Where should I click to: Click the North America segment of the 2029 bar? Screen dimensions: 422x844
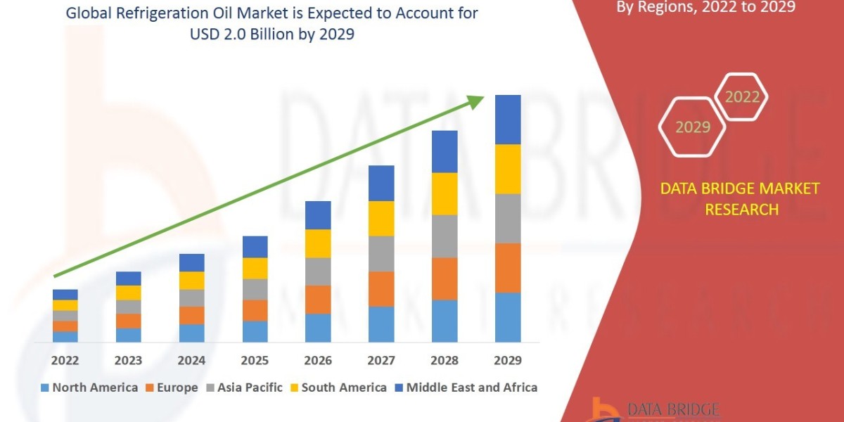(x=508, y=317)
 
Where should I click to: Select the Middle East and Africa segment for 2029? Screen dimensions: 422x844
(x=508, y=120)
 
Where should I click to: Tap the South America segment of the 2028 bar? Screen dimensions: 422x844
(x=445, y=193)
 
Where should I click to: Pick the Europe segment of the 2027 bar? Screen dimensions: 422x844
(x=381, y=288)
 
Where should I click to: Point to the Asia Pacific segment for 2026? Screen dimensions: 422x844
(x=318, y=271)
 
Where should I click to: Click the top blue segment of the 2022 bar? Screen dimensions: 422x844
(x=65, y=294)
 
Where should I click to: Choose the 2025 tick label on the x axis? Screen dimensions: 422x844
(x=255, y=360)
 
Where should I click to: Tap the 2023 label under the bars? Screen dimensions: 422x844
(x=128, y=360)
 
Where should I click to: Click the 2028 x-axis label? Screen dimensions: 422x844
(x=445, y=360)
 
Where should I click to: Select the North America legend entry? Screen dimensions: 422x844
(x=89, y=388)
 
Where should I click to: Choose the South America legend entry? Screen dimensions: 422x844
(x=337, y=388)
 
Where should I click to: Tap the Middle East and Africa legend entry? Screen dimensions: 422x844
(x=465, y=388)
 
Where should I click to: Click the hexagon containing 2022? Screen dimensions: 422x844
(x=742, y=97)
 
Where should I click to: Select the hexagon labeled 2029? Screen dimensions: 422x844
(x=693, y=127)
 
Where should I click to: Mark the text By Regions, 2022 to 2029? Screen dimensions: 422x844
(x=705, y=7)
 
